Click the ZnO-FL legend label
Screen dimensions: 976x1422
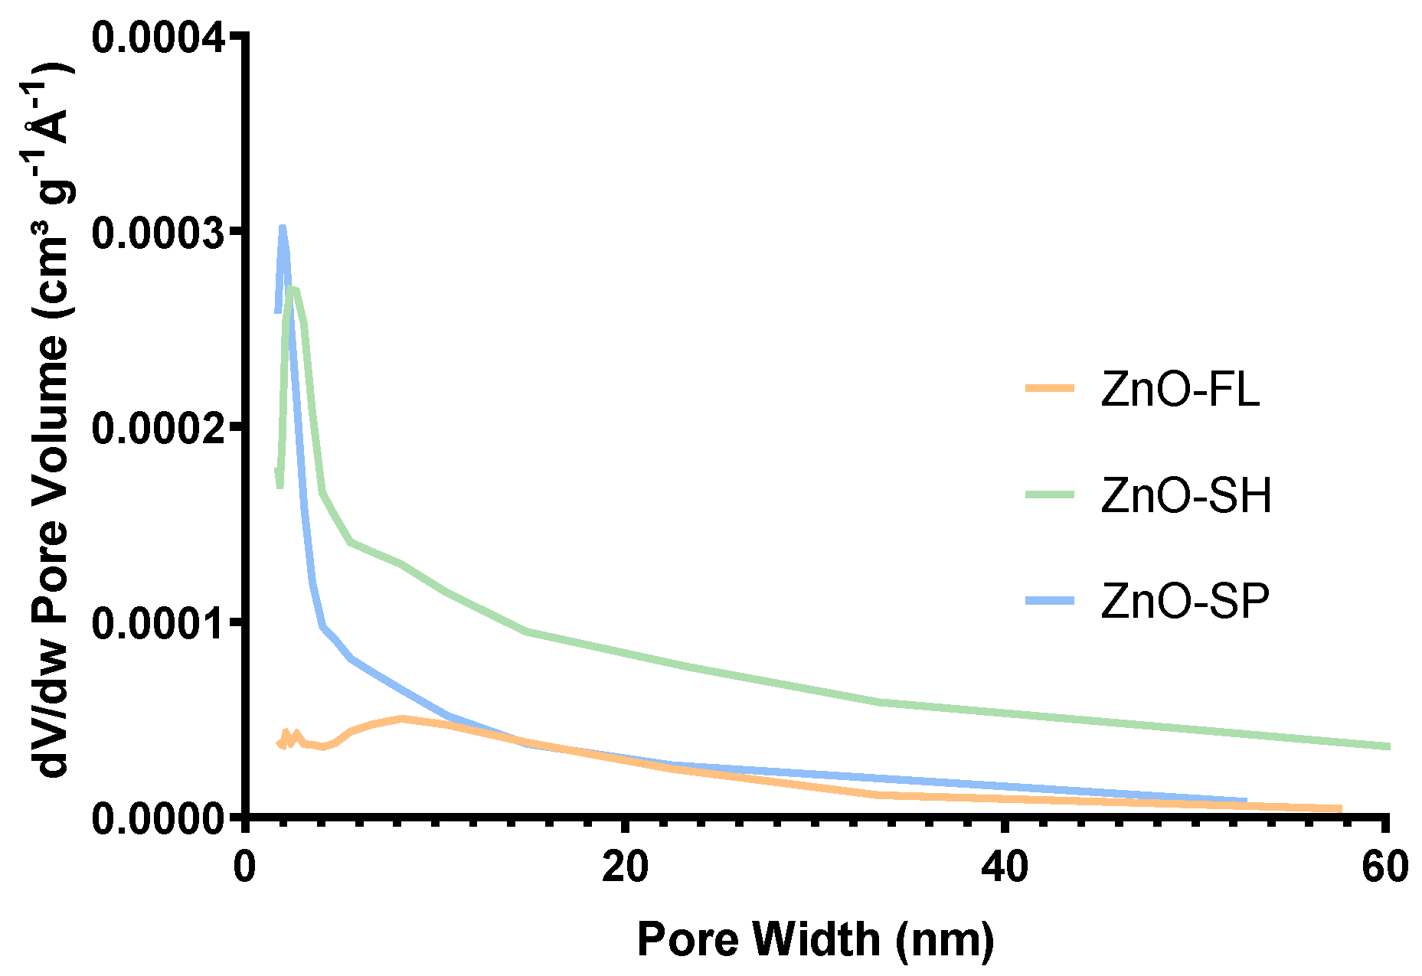click(1179, 390)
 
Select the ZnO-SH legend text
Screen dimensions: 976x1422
click(1186, 495)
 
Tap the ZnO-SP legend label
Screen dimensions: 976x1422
click(1185, 601)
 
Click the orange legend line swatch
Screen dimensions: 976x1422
click(1051, 389)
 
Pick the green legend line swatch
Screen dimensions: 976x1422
click(1051, 495)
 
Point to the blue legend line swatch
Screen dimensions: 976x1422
click(1051, 600)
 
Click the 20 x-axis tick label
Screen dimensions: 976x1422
click(625, 867)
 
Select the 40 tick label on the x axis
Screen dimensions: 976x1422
click(1005, 867)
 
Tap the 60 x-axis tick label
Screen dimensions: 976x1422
click(1384, 867)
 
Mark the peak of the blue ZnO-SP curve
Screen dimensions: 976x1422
click(283, 227)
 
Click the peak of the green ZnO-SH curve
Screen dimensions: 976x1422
click(293, 289)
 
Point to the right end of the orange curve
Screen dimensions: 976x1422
click(1340, 808)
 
